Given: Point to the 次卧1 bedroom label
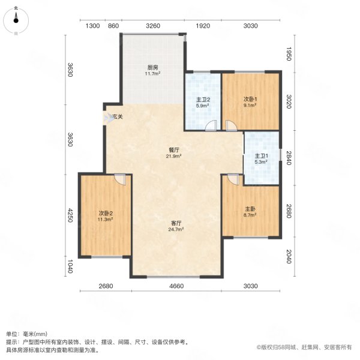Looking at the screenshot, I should pyautogui.click(x=250, y=99).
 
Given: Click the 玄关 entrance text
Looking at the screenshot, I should pyautogui.click(x=118, y=116).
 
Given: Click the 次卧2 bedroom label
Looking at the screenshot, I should pyautogui.click(x=106, y=214).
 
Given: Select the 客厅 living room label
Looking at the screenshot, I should pyautogui.click(x=176, y=223).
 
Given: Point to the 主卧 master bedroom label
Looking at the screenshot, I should pyautogui.click(x=250, y=209).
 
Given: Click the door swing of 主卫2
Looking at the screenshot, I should pyautogui.click(x=210, y=125).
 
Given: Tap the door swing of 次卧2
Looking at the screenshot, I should pyautogui.click(x=120, y=178).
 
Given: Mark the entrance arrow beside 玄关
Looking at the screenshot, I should pyautogui.click(x=108, y=119).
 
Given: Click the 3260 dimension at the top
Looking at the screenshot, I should pyautogui.click(x=153, y=26).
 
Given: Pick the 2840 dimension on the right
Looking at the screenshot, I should pyautogui.click(x=289, y=158).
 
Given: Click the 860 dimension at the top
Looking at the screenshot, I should pyautogui.click(x=113, y=26).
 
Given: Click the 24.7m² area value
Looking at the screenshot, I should pyautogui.click(x=176, y=229).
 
